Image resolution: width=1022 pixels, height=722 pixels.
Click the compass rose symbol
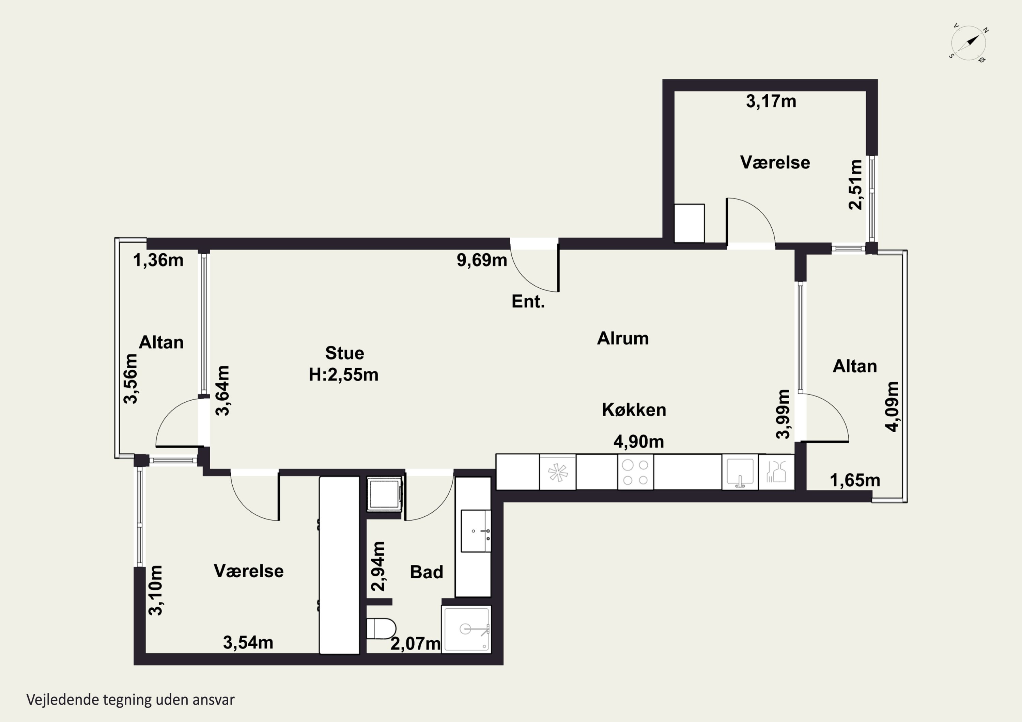click(x=969, y=43)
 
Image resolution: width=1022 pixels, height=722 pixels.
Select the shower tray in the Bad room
click(x=466, y=629)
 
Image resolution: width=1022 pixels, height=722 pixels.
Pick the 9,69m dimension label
click(x=482, y=260)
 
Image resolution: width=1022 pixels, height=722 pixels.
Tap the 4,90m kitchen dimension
click(x=639, y=442)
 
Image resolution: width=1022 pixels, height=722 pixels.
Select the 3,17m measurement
click(x=771, y=101)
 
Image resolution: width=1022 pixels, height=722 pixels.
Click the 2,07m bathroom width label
click(x=416, y=644)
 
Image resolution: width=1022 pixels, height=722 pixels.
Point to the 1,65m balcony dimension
click(x=855, y=480)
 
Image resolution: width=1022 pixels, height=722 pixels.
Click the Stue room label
click(x=344, y=353)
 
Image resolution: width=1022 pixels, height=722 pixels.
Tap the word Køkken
click(x=634, y=410)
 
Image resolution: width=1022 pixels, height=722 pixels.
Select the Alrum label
click(x=623, y=339)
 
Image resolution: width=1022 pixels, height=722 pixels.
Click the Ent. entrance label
click(x=528, y=302)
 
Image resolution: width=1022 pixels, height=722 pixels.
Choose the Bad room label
click(x=427, y=572)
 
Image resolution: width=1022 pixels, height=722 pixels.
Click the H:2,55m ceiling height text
click(x=344, y=375)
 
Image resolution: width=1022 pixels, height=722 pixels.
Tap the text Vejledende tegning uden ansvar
click(x=130, y=700)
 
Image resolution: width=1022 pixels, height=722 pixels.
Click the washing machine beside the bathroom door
click(x=385, y=494)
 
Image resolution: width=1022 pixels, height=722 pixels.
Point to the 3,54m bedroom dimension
click(x=248, y=642)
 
